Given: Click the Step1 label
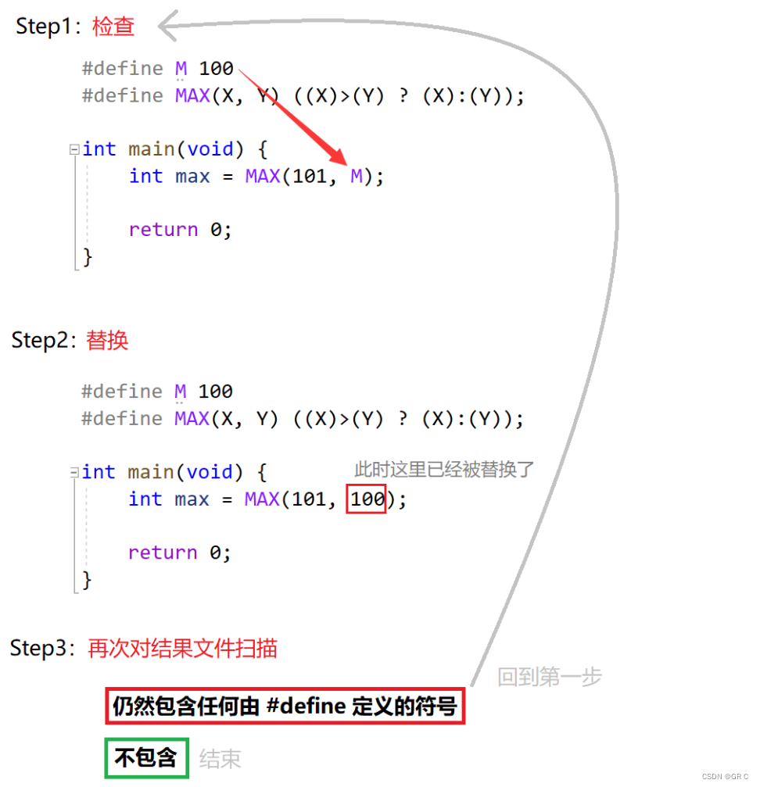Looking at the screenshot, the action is click(44, 27).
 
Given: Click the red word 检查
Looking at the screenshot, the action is click(113, 27).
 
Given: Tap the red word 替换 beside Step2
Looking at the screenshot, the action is click(107, 341).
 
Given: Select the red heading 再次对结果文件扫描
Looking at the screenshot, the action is click(182, 649).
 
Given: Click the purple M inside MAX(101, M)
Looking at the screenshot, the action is click(357, 177).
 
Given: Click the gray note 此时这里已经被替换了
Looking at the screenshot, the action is click(443, 470).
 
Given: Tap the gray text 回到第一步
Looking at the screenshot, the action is click(550, 677).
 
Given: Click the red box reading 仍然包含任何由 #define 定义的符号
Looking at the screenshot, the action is click(285, 707).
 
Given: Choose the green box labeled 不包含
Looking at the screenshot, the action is click(146, 758).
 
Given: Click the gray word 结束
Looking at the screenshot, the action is click(220, 759).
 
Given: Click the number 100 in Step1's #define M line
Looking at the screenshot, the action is click(217, 69).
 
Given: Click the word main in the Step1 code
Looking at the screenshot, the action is click(152, 149).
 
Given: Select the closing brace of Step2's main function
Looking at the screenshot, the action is click(87, 580).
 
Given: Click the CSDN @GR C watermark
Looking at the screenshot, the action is click(726, 777).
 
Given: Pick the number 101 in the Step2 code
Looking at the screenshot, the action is click(309, 499).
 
